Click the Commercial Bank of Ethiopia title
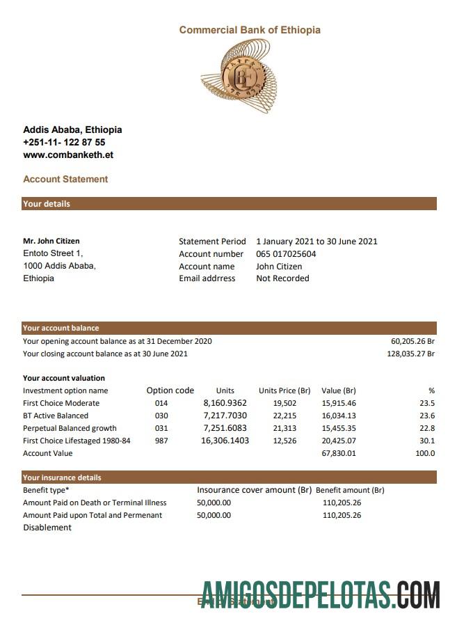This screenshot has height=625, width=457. coord(250,30)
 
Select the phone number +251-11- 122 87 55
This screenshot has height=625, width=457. coord(64,142)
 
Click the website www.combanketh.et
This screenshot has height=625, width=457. coord(68,155)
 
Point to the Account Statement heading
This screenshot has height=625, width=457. coord(65,179)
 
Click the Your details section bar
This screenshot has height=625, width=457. coord(230,204)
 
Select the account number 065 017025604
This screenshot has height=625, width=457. coord(286,254)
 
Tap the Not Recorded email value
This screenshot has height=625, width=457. coord(282,278)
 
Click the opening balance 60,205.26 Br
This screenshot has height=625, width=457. coord(412,341)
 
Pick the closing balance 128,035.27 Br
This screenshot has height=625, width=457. coord(410,354)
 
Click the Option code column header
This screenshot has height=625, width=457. coord(170,390)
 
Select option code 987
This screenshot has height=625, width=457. coord(161,441)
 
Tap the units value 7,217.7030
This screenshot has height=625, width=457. coord(225,416)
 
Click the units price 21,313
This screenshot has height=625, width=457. coord(284,428)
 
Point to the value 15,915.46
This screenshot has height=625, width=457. coord(339,403)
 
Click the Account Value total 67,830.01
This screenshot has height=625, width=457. coord(339,453)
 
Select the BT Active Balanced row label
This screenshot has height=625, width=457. coord(56,416)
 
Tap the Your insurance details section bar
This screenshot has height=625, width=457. coord(230,477)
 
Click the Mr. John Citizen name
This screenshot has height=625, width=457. coord(51,241)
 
